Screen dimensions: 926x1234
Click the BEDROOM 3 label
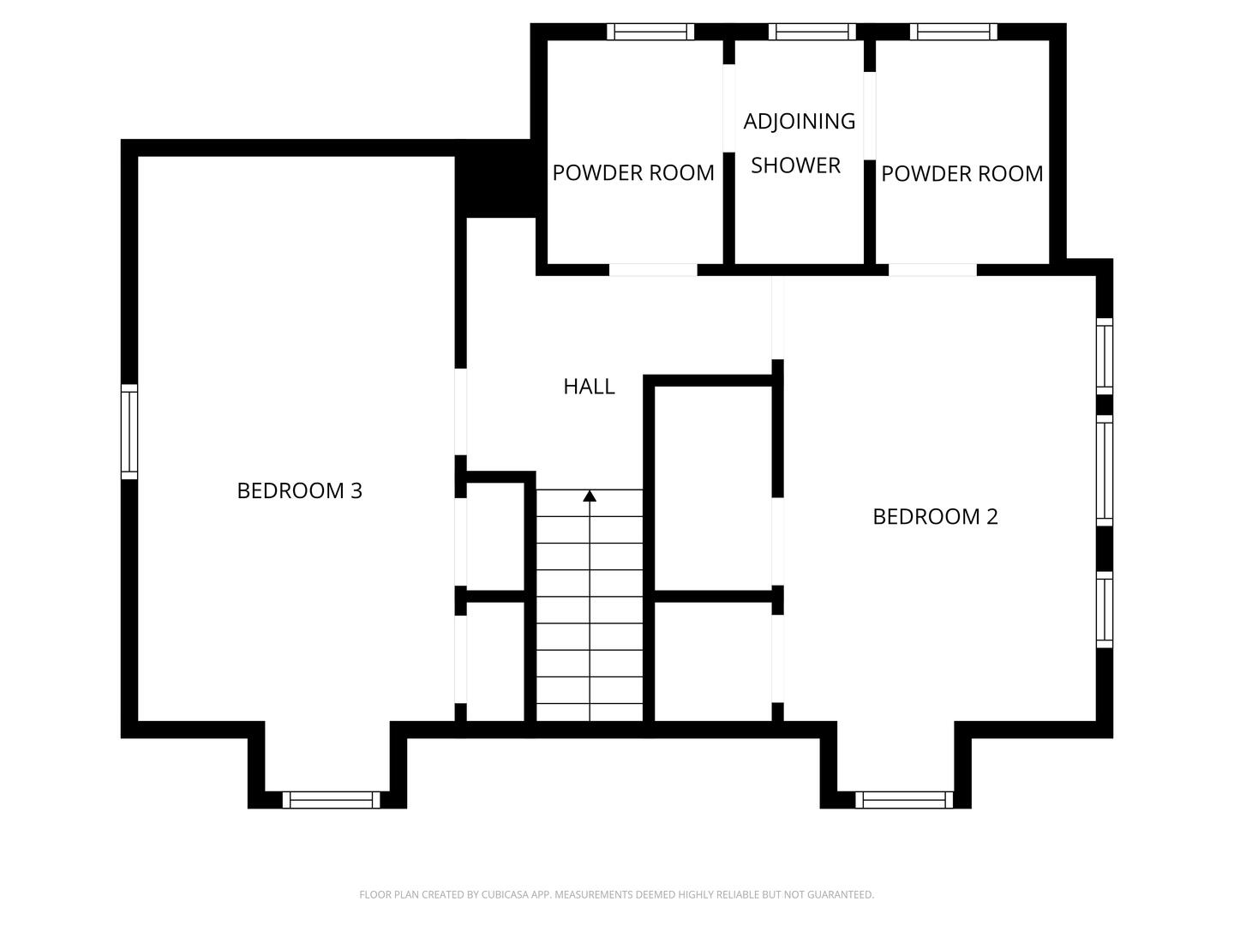[299, 490]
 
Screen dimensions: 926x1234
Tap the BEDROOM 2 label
[935, 516]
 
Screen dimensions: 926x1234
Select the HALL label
[589, 387]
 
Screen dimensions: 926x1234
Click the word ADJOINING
[799, 122]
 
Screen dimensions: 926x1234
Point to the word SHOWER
[795, 165]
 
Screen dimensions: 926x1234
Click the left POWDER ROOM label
[633, 173]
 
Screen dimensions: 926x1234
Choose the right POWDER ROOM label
[961, 174]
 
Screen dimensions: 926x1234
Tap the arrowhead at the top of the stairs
[590, 496]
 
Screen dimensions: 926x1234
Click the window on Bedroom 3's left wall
[129, 431]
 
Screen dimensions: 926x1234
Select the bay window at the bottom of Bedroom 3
[331, 800]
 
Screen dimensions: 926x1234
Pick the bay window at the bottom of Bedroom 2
[904, 800]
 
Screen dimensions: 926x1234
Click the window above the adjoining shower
[812, 32]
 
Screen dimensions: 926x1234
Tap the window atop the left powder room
[650, 32]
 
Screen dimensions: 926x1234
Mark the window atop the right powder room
[954, 32]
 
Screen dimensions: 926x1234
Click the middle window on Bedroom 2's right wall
[1105, 471]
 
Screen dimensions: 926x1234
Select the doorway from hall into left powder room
[653, 270]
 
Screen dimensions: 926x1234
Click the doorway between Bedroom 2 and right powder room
[932, 270]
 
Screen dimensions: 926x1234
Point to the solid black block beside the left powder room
[495, 178]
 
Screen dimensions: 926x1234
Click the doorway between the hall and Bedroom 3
[460, 412]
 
